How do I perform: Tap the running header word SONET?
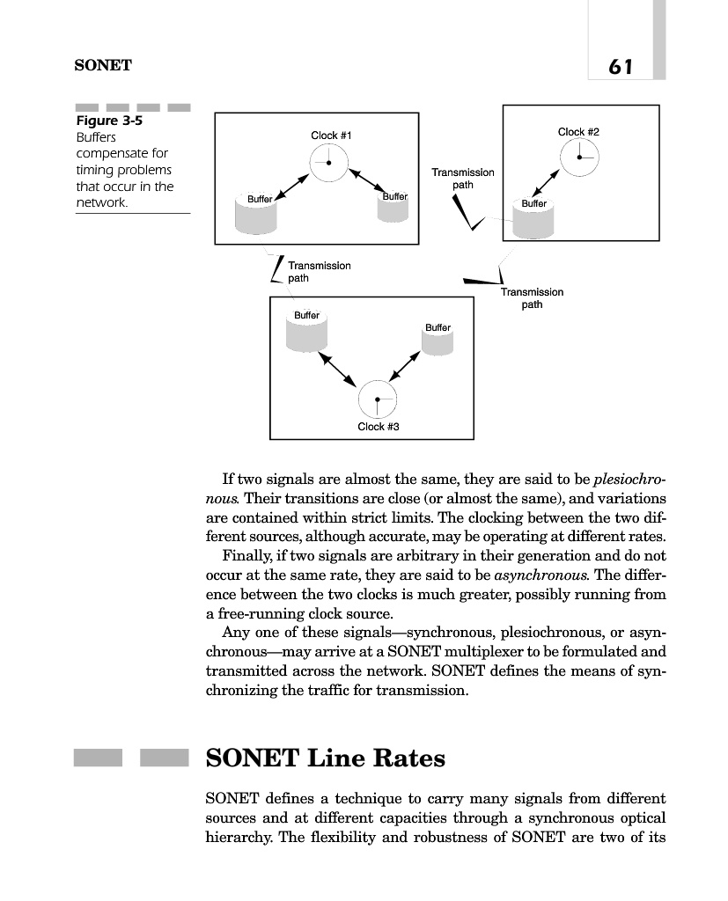[100, 65]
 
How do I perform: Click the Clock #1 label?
[332, 136]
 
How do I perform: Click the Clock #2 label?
[578, 132]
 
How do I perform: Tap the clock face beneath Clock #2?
[579, 158]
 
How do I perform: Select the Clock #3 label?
[379, 427]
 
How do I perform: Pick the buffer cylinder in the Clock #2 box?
[534, 217]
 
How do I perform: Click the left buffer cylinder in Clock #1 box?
[257, 213]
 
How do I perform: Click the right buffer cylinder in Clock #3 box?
[437, 340]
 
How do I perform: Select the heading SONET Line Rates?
[325, 758]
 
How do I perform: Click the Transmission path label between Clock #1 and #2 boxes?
[462, 179]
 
